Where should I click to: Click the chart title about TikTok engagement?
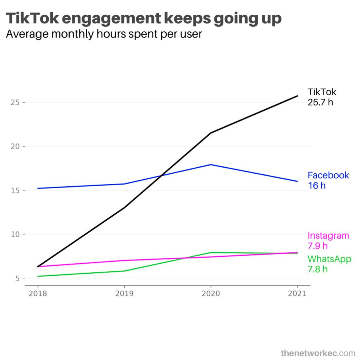pyautogui.click(x=144, y=19)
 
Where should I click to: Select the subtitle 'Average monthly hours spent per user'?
pyautogui.click(x=104, y=34)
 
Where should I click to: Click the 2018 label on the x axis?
pyautogui.click(x=38, y=294)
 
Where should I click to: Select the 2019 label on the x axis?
pyautogui.click(x=124, y=294)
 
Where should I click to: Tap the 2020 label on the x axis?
pyautogui.click(x=211, y=294)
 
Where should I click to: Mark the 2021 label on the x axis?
pyautogui.click(x=297, y=294)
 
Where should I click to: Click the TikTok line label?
pyautogui.click(x=322, y=92)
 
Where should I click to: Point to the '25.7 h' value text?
pyautogui.click(x=320, y=103)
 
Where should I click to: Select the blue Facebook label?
pyautogui.click(x=328, y=175)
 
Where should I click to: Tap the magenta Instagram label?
pyautogui.click(x=328, y=236)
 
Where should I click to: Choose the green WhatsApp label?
pyautogui.click(x=329, y=259)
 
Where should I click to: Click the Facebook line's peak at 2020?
pyautogui.click(x=211, y=165)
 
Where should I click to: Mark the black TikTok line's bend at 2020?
pyautogui.click(x=211, y=133)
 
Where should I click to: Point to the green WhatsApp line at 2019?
pyautogui.click(x=124, y=271)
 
